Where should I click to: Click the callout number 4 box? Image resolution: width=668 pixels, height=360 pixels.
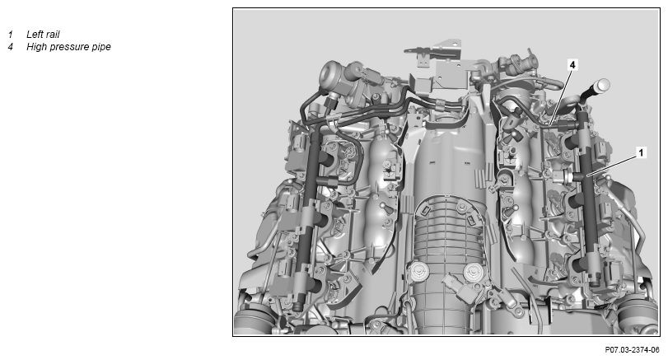pyautogui.click(x=572, y=65)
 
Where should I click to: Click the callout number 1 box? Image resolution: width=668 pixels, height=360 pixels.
pyautogui.click(x=641, y=152)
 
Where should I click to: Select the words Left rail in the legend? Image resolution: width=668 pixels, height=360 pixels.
pyautogui.click(x=43, y=35)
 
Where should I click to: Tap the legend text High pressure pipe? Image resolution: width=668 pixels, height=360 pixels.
pyautogui.click(x=68, y=47)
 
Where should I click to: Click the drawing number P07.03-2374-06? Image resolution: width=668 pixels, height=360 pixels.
pyautogui.click(x=632, y=350)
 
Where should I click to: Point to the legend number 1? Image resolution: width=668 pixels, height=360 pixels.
pyautogui.click(x=10, y=35)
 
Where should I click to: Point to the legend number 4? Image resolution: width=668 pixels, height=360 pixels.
pyautogui.click(x=10, y=47)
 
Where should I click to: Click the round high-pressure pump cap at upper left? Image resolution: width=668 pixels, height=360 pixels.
pyautogui.click(x=331, y=76)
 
